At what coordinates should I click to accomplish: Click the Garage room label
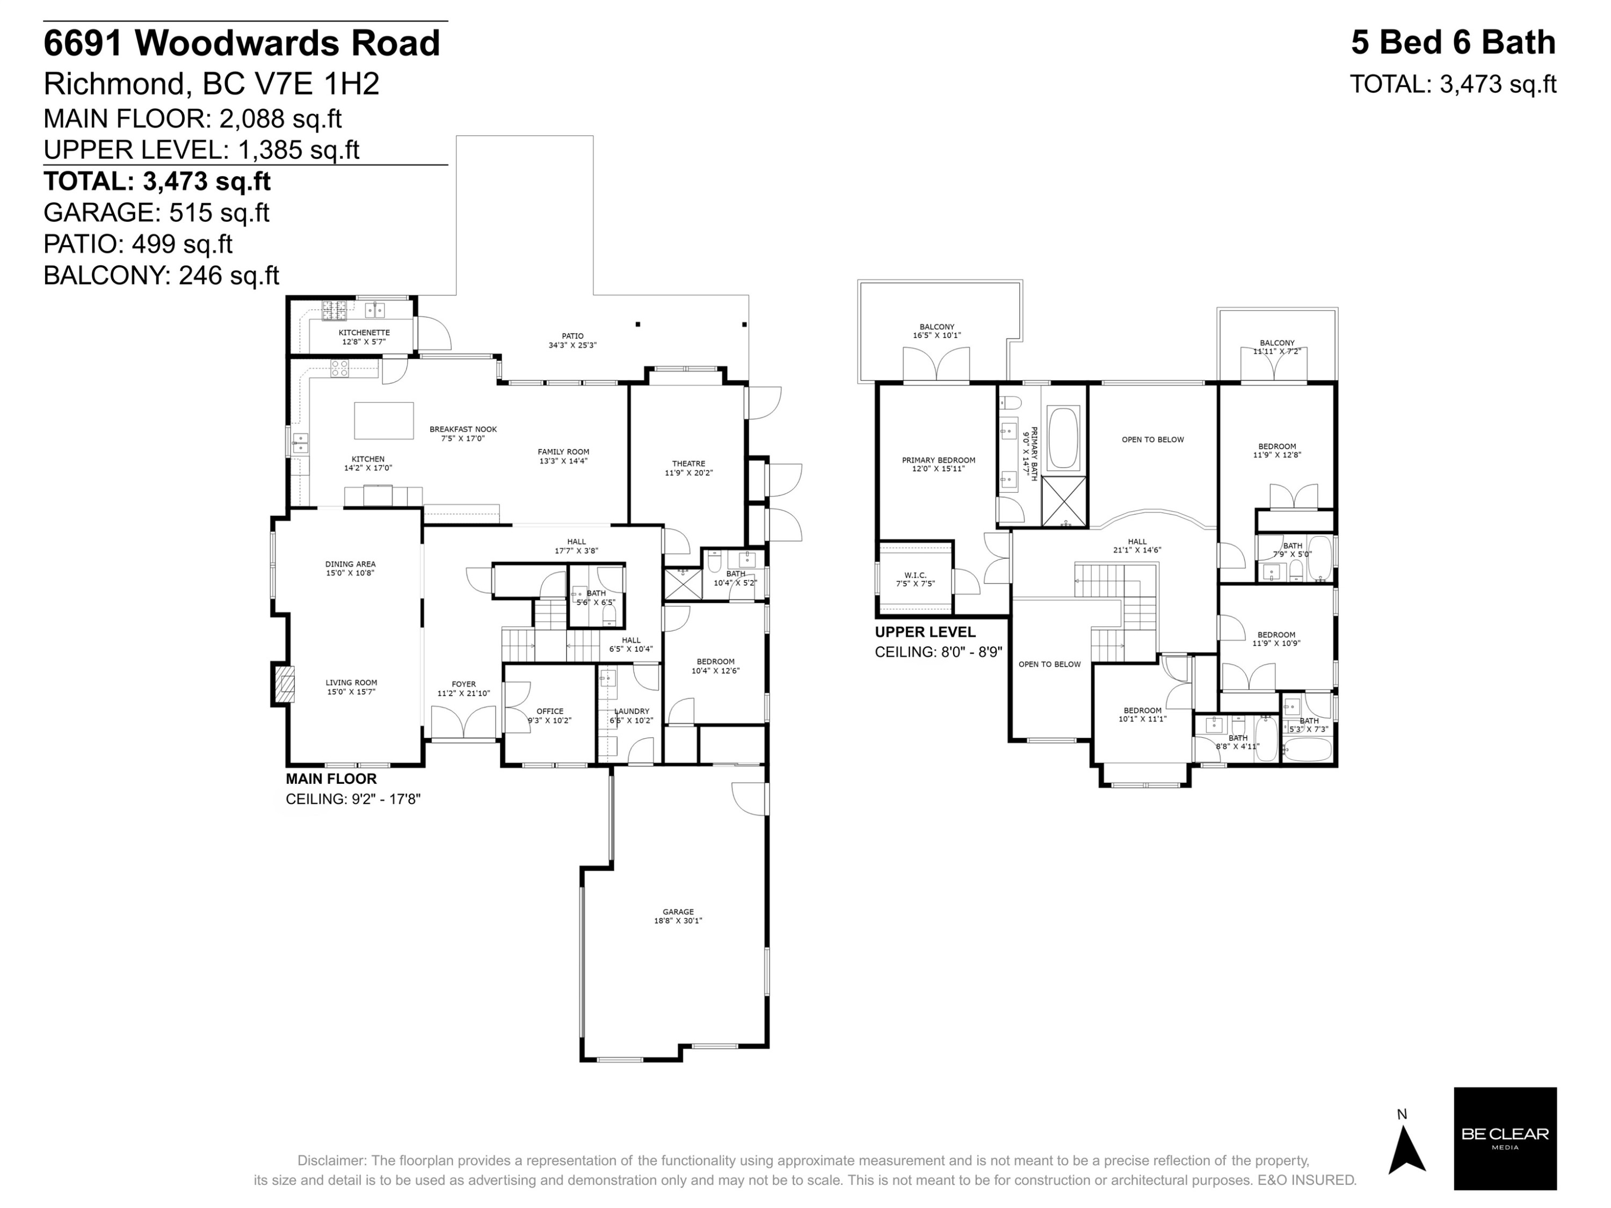[x=677, y=916]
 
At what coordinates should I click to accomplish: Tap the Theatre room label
[x=688, y=468]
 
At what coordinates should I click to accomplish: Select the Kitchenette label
[x=364, y=337]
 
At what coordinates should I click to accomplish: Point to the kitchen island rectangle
[x=384, y=421]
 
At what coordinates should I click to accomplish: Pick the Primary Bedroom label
[x=938, y=464]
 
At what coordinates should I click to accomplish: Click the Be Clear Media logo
[x=1505, y=1139]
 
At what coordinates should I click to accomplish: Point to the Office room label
[x=550, y=716]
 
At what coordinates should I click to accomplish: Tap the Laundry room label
[x=632, y=716]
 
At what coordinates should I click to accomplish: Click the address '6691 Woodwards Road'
[x=242, y=43]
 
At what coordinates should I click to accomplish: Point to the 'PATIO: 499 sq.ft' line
[x=139, y=244]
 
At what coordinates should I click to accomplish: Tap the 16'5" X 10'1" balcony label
[x=937, y=331]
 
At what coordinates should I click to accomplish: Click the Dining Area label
[x=350, y=568]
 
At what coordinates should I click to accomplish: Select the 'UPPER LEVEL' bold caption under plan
[x=925, y=632]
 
